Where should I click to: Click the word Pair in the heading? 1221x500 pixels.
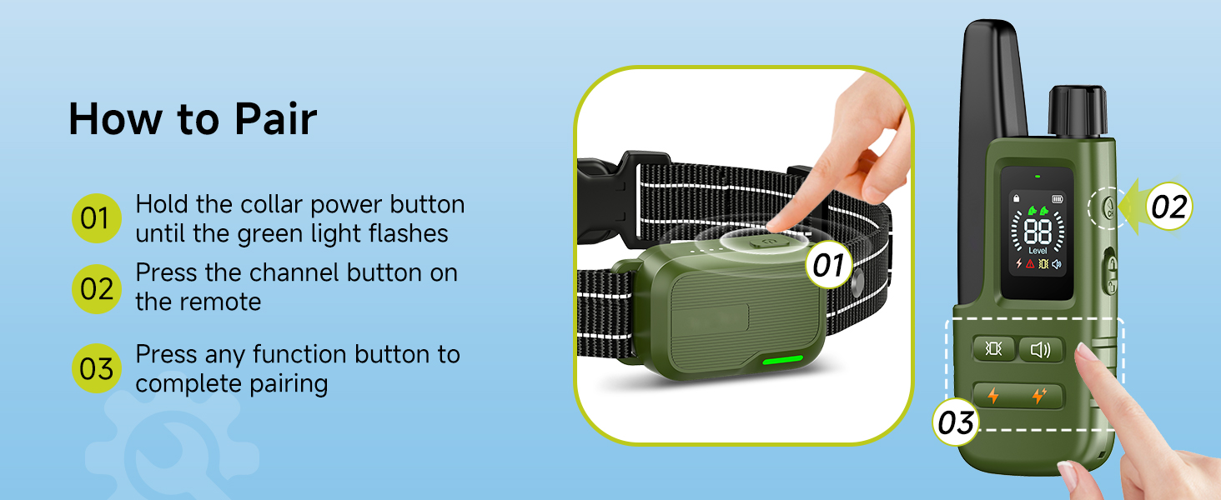[x=275, y=118]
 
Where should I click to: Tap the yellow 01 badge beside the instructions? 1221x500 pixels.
[x=97, y=217]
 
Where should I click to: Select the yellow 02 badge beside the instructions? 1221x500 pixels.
[x=97, y=288]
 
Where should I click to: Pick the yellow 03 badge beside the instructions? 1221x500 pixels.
[x=97, y=368]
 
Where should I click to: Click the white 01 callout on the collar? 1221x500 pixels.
[x=828, y=265]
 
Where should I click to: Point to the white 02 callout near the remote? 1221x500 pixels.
[x=1168, y=207]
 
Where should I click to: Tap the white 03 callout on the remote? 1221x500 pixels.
[x=956, y=422]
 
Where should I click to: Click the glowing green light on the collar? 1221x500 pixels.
[x=783, y=359]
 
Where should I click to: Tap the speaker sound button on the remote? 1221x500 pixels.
[x=1041, y=349]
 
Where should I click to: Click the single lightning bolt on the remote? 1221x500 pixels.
[x=993, y=396]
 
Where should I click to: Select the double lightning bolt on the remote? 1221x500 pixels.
[x=1039, y=396]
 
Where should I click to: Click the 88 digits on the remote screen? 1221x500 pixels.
[x=1038, y=232]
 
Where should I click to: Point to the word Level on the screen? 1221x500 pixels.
[x=1038, y=251]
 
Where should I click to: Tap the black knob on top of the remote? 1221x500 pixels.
[x=1078, y=111]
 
